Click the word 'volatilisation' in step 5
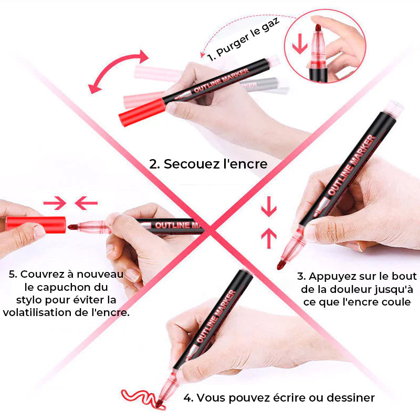[38, 312]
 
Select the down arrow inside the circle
[299, 44]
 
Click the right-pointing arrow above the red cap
[55, 203]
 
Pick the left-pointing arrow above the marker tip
[86, 203]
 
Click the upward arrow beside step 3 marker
[269, 238]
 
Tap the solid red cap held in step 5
[36, 225]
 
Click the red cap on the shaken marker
[142, 112]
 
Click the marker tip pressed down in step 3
[281, 265]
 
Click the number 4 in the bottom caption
[188, 398]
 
